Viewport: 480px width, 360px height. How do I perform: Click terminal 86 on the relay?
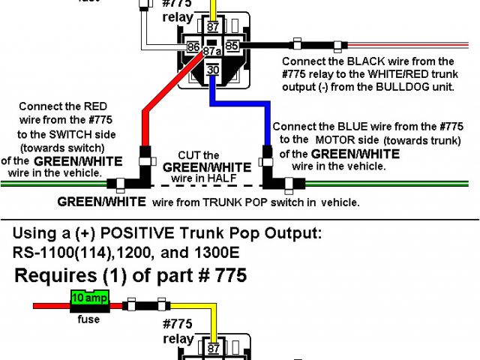193,46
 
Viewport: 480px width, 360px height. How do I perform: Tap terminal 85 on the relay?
232,46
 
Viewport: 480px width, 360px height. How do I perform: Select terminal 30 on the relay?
213,70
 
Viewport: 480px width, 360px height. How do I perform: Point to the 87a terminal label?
213,52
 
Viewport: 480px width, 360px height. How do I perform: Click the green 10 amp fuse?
89,298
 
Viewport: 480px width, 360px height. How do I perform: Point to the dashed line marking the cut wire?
202,184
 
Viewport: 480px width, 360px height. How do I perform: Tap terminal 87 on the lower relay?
213,348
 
